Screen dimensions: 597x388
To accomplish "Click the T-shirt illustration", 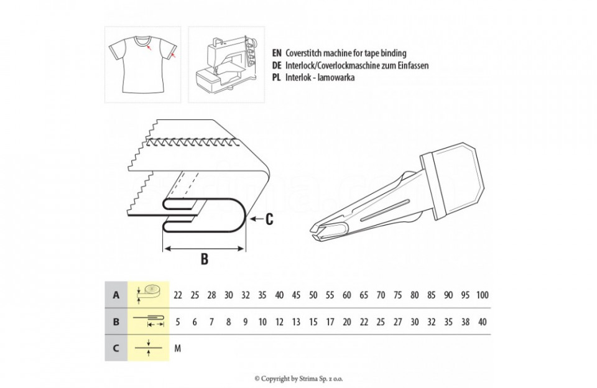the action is coord(143,64).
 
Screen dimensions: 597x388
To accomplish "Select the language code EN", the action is coord(277,53).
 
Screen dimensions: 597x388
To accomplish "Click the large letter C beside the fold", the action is coord(269,219).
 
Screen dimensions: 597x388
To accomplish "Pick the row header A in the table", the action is coord(116,295).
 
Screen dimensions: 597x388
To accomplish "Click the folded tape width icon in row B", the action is coord(149,321).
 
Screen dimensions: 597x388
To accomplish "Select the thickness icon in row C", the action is coord(149,348).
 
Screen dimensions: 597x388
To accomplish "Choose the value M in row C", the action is coord(177,348).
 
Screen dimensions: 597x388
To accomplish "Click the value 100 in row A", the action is coord(482,295).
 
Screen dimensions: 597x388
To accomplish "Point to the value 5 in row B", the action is coord(178,322).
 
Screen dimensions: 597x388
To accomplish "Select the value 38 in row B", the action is coord(465,322).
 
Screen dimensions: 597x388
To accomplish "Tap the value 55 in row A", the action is coord(330,295).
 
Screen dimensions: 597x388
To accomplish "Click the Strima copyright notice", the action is coord(298,379).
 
